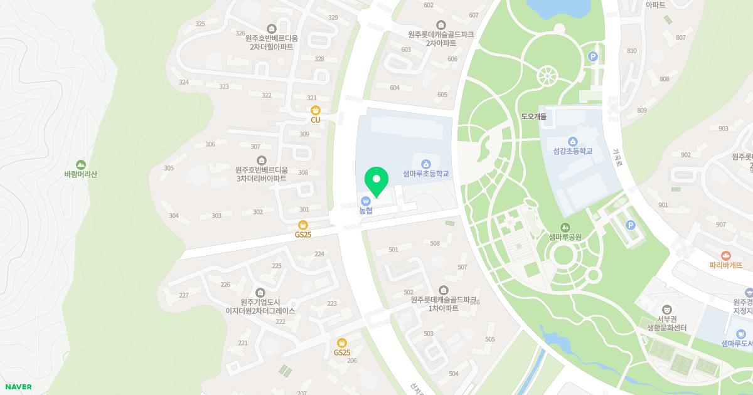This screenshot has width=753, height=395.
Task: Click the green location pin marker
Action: click(376, 181)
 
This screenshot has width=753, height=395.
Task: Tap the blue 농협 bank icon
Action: click(366, 201)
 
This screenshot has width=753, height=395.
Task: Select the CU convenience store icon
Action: click(316, 110)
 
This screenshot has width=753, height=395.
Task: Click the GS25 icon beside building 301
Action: click(303, 225)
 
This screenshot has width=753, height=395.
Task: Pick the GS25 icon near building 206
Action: click(342, 343)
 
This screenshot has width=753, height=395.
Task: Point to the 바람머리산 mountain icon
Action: click(80, 164)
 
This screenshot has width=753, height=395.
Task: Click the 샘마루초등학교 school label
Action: click(426, 173)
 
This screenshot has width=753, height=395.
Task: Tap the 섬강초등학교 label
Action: click(572, 151)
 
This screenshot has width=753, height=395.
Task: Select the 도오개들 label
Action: click(534, 117)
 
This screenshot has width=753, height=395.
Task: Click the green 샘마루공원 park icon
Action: click(566, 227)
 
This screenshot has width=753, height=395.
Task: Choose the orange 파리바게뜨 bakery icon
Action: click(726, 255)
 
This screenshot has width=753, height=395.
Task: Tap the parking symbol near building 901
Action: click(631, 225)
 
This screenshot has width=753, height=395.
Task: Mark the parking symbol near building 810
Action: click(592, 57)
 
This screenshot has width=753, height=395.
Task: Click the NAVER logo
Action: click(18, 387)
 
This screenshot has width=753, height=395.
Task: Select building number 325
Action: click(200, 24)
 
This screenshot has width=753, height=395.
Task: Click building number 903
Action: click(724, 129)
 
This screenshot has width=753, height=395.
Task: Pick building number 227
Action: click(184, 295)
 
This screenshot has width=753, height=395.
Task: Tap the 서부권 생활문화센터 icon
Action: click(668, 309)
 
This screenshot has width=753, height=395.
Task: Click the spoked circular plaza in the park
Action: click(548, 76)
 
